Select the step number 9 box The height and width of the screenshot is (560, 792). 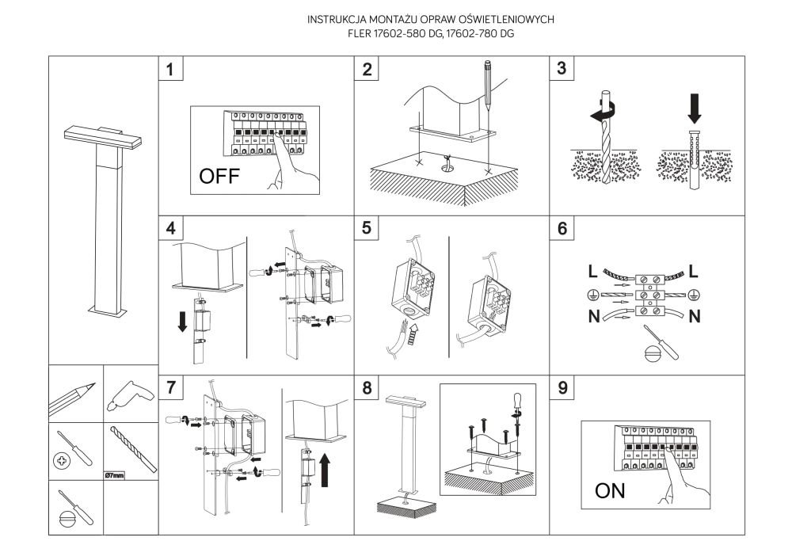562,388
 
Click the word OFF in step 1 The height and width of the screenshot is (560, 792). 222,177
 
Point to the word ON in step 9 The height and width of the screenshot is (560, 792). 610,491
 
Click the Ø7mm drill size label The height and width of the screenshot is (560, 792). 116,476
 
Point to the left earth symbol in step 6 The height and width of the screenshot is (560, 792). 591,295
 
